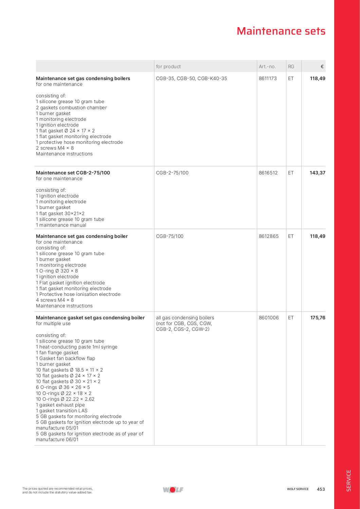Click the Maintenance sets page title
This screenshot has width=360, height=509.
pos(281,31)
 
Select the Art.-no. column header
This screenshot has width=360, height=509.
pos(267,67)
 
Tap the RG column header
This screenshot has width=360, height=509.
pos(291,67)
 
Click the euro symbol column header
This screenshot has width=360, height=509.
pos(322,67)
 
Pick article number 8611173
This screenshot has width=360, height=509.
pos(268,78)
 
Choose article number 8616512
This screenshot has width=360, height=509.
pos(268,173)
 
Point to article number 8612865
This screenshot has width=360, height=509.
pos(268,236)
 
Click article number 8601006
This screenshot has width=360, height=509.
pos(268,318)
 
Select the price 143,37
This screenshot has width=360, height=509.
pos(318,173)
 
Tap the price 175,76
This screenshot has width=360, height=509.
pos(318,318)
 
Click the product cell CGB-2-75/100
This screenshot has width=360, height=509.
pos(172,173)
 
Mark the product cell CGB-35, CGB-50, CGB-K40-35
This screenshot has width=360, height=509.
pos(191,78)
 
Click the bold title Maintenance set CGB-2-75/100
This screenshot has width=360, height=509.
pos(73,173)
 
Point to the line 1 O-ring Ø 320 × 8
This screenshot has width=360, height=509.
pos(57,271)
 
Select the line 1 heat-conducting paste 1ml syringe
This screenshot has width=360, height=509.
pos(77,347)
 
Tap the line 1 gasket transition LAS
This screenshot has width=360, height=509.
pos(61,411)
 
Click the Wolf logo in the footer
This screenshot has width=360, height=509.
pos(173,489)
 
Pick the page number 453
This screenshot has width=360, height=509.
pos(321,489)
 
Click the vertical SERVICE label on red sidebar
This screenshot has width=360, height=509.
pos(348,480)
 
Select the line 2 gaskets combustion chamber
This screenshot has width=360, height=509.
pos(71,108)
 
